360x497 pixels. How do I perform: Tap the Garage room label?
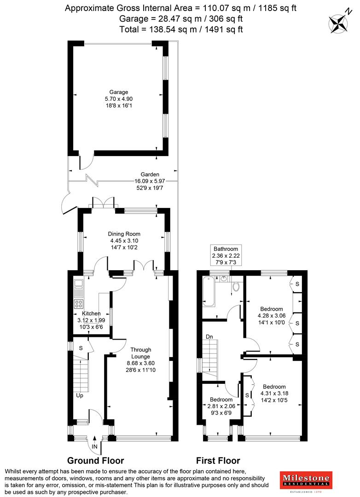(119, 92)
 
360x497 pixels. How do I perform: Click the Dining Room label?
(124, 234)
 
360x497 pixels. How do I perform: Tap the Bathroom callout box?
(225, 255)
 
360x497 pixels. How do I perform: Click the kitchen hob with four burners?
(79, 304)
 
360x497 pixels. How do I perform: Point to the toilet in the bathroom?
(236, 286)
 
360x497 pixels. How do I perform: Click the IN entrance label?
(94, 446)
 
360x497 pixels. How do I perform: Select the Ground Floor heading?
(95, 460)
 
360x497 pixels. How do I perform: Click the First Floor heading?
(218, 460)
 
